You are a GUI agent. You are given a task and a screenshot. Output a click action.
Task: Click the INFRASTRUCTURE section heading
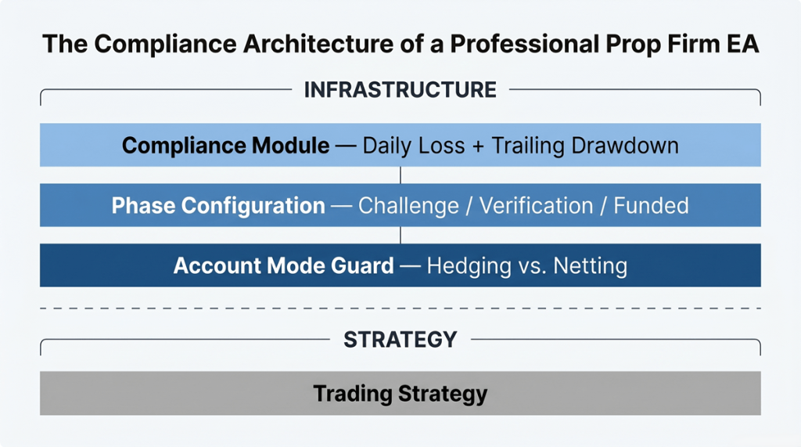click(400, 90)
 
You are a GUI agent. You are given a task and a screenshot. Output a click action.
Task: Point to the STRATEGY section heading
click(400, 339)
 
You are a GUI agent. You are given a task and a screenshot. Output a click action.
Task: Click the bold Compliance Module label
click(225, 146)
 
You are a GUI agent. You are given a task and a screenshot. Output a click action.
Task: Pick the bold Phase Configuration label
click(218, 206)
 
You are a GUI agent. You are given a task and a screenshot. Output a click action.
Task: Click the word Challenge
click(408, 206)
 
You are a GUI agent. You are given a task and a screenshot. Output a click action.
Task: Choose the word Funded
click(651, 206)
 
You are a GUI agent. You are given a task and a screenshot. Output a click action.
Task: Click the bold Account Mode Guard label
click(283, 266)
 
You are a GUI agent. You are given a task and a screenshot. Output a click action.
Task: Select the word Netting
click(590, 266)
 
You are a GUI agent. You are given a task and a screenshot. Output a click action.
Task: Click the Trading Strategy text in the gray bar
click(400, 393)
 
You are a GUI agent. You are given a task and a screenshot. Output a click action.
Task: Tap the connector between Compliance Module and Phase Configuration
click(400, 175)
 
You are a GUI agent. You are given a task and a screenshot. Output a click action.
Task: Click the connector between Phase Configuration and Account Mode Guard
click(400, 235)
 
